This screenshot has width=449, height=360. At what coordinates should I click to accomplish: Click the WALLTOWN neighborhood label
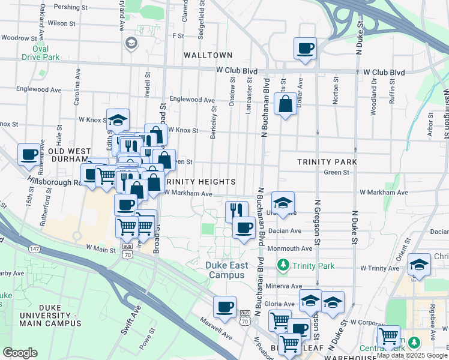click(208, 55)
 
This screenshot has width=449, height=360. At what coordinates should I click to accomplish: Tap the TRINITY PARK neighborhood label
click(327, 162)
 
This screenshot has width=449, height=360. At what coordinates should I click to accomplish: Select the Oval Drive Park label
click(41, 53)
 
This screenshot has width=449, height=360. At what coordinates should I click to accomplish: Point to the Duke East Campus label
click(225, 270)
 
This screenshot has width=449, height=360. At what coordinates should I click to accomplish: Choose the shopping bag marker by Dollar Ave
click(286, 104)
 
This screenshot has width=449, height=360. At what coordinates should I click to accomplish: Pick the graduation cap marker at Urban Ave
click(283, 202)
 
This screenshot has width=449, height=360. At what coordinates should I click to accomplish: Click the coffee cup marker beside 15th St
click(29, 154)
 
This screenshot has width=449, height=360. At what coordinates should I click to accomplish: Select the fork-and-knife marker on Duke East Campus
click(237, 211)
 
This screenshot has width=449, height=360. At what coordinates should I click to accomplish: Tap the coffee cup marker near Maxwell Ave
click(224, 307)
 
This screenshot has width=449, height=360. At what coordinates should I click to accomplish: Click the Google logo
click(20, 353)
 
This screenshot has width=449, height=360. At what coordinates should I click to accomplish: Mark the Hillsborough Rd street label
click(53, 180)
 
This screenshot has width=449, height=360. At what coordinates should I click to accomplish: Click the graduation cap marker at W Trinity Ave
click(419, 265)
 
